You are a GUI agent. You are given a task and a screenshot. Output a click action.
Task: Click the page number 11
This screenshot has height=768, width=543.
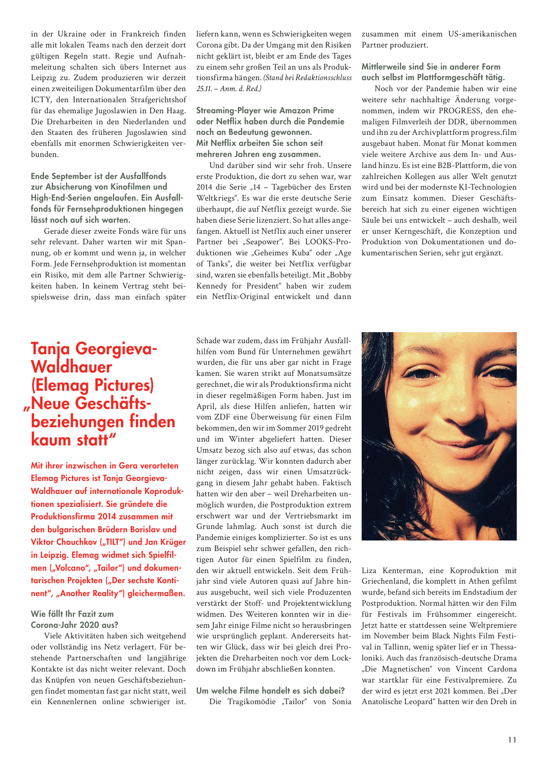click(512, 740)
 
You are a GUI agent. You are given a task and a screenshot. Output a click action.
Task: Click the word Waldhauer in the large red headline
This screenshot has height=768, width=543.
click(71, 367)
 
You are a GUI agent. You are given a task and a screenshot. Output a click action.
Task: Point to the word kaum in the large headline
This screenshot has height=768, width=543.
click(50, 440)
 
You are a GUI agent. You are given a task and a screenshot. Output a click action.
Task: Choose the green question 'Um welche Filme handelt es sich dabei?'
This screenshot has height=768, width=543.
click(271, 691)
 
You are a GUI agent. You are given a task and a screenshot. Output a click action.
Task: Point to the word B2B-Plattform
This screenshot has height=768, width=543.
click(441, 166)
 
